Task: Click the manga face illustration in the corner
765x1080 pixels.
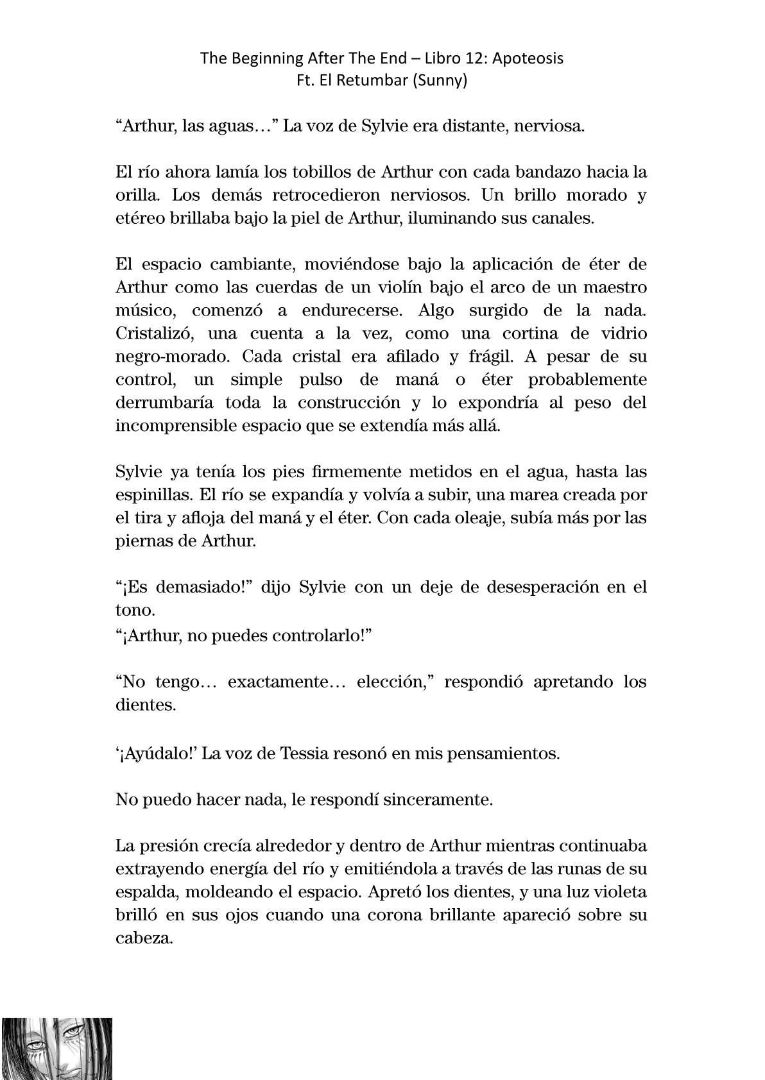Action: pyautogui.click(x=57, y=1048)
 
